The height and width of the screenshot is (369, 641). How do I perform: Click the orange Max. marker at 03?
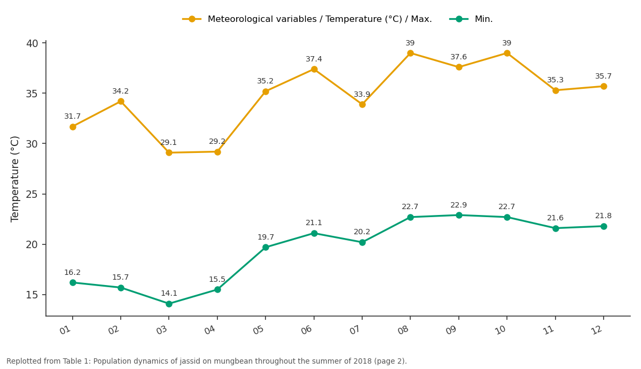tap(169, 153)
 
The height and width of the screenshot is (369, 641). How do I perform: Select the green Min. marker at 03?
tap(169, 304)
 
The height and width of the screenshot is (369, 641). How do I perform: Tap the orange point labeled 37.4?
tap(314, 70)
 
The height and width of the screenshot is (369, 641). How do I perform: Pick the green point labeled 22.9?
tap(459, 215)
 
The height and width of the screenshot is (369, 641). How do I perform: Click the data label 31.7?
tap(73, 117)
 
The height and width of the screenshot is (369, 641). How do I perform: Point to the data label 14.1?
tap(169, 294)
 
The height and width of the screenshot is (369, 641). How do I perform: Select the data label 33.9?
tap(362, 94)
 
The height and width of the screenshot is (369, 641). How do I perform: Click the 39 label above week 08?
tap(410, 43)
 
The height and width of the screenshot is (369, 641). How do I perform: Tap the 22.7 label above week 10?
tap(506, 206)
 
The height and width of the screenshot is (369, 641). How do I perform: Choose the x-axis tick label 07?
tap(354, 330)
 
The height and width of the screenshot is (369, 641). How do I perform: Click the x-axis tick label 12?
tap(596, 330)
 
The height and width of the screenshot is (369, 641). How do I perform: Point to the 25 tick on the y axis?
tap(32, 195)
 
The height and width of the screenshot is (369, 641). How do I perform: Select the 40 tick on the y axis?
tap(32, 43)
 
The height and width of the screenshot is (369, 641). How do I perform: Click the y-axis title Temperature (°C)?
tap(14, 179)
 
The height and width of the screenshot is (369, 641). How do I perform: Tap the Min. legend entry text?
tap(483, 19)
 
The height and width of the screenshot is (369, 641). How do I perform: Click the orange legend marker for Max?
tap(192, 19)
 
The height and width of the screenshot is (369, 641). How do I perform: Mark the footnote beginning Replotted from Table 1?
tap(207, 362)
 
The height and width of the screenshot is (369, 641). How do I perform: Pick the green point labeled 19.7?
tap(265, 247)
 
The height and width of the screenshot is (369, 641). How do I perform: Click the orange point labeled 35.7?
tap(604, 87)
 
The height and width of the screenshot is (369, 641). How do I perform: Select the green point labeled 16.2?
tap(73, 283)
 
